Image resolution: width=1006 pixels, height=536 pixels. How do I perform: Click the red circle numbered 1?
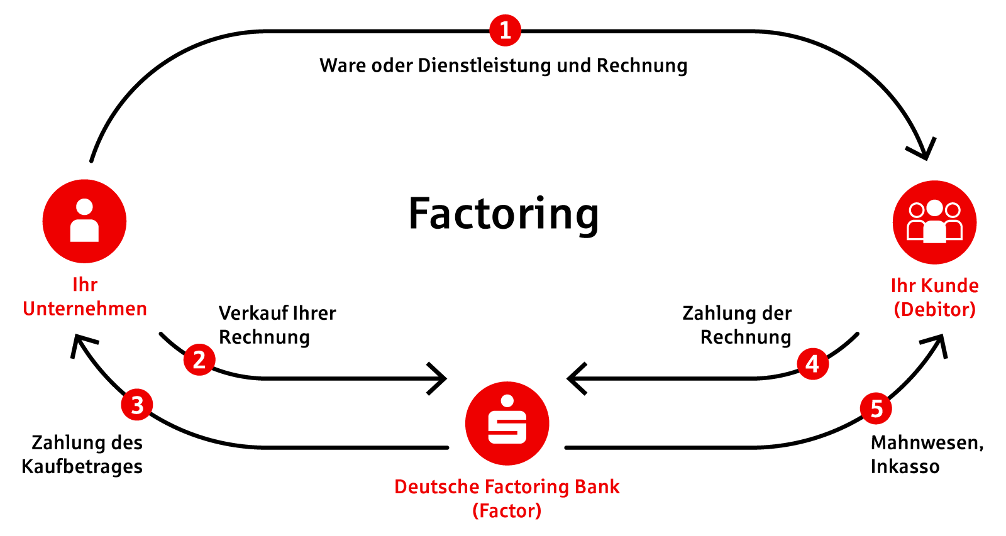click(505, 30)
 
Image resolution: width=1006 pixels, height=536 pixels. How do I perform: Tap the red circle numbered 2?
click(199, 359)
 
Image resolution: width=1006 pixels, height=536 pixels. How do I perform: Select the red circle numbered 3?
click(137, 405)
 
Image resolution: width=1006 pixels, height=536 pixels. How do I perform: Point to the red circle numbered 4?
click(812, 364)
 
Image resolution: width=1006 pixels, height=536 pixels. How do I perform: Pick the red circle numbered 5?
click(876, 409)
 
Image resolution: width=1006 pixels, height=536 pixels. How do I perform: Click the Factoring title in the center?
click(504, 214)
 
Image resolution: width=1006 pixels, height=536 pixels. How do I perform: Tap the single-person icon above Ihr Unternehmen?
click(84, 221)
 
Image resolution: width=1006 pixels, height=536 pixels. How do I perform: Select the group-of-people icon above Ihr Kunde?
click(934, 222)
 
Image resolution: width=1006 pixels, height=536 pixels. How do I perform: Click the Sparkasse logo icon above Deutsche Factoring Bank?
click(507, 423)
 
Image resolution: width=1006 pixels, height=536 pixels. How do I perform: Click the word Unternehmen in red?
click(85, 309)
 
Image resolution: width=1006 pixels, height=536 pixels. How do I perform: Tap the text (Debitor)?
click(934, 309)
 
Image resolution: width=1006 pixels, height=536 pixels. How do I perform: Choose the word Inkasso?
click(905, 467)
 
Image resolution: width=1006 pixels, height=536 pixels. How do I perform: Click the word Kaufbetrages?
click(82, 467)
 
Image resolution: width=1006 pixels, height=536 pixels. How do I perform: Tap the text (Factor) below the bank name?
click(507, 511)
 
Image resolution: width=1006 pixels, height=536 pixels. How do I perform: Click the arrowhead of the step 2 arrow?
click(441, 378)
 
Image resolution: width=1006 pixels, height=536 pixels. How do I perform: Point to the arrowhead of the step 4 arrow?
click(573, 378)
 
